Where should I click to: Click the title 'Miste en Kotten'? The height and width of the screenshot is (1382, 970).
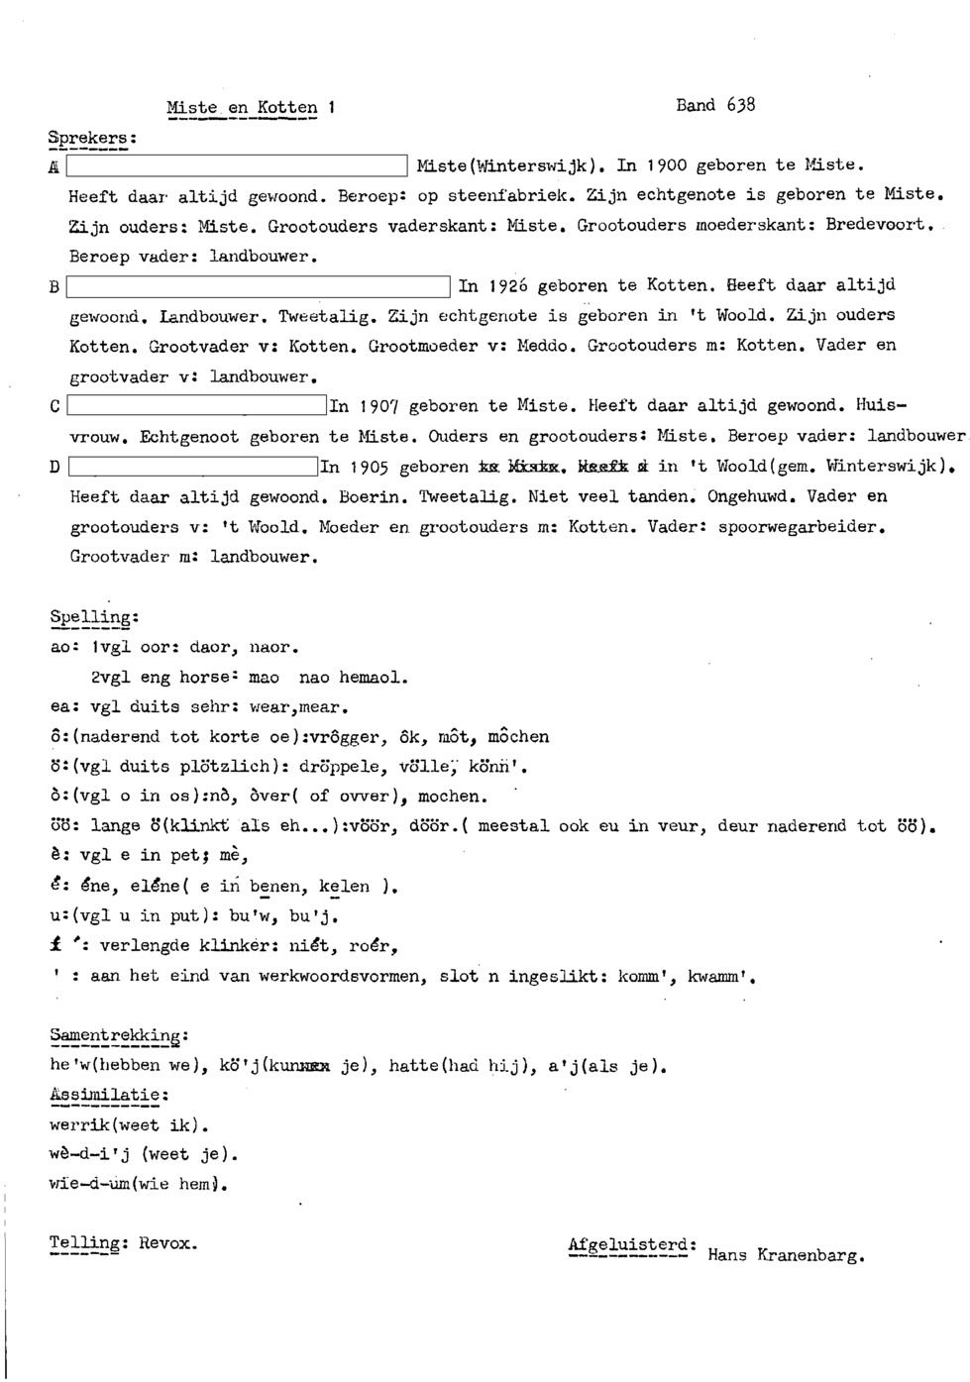coord(243,108)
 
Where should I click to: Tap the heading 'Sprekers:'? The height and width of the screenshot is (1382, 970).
coord(92,138)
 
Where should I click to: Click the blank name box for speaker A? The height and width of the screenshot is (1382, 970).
coord(237,166)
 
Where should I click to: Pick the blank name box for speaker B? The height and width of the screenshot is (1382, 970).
coord(259,287)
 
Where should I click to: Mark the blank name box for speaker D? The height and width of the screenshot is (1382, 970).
coord(192,467)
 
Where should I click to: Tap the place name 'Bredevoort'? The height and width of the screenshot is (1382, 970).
coord(880,225)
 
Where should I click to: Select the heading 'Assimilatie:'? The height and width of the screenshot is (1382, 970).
coord(109,1095)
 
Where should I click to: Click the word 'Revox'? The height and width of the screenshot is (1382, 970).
coord(168,1242)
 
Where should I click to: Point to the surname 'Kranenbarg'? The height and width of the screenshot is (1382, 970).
coord(810,1255)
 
